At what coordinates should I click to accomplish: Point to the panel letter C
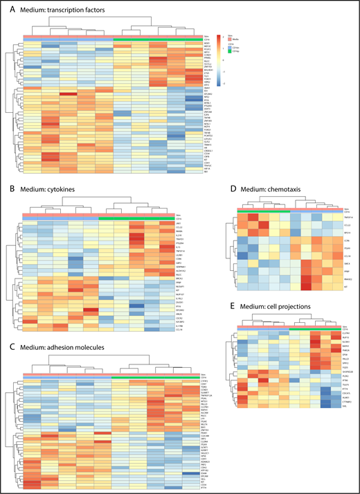pos(8,321)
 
